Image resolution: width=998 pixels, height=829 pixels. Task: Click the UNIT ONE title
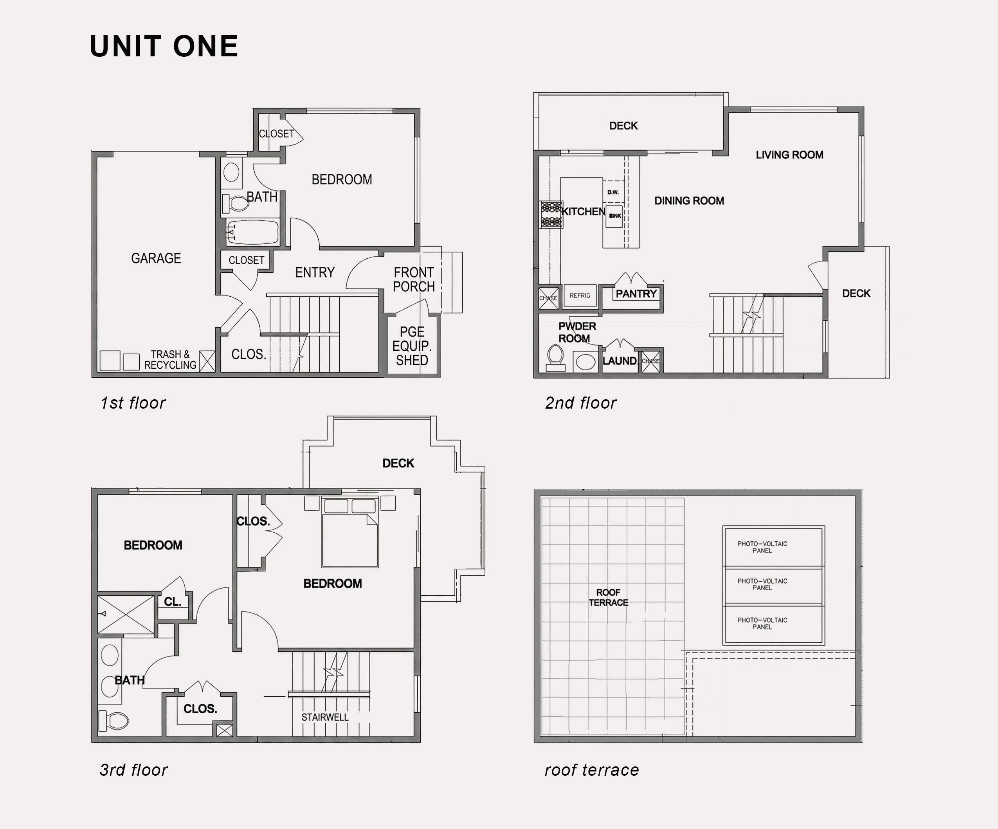pyautogui.click(x=164, y=46)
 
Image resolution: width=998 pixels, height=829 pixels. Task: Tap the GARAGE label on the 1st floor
pyautogui.click(x=156, y=258)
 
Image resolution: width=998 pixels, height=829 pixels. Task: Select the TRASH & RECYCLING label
pyautogui.click(x=170, y=360)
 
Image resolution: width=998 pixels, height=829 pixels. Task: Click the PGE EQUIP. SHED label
pyautogui.click(x=412, y=346)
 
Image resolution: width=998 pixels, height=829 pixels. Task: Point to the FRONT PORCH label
pyautogui.click(x=413, y=279)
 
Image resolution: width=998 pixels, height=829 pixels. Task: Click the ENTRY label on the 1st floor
pyautogui.click(x=315, y=272)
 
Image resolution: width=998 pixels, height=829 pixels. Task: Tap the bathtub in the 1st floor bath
pyautogui.click(x=252, y=232)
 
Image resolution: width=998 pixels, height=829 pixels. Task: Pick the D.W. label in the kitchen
pyautogui.click(x=612, y=193)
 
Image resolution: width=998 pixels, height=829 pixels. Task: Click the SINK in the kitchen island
pyautogui.click(x=614, y=216)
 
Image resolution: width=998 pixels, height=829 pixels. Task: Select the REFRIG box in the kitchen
pyautogui.click(x=580, y=296)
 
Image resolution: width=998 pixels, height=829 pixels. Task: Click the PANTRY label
pyautogui.click(x=636, y=294)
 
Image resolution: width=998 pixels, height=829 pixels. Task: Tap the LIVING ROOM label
pyautogui.click(x=789, y=155)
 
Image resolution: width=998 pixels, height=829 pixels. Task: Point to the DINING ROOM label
pyautogui.click(x=689, y=200)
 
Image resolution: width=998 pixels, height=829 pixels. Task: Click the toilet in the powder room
pyautogui.click(x=555, y=357)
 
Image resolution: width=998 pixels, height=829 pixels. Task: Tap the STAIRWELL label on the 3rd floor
pyautogui.click(x=325, y=717)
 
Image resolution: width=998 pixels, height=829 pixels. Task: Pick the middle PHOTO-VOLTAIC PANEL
pyautogui.click(x=773, y=585)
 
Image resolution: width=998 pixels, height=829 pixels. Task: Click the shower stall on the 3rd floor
pyautogui.click(x=126, y=614)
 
